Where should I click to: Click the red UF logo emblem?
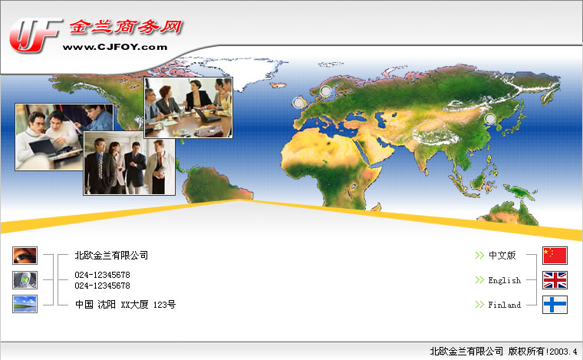pos(35,36)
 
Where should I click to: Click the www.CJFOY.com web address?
pos(115,48)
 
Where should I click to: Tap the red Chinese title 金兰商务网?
pos(126,27)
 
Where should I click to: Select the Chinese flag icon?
pos(555,256)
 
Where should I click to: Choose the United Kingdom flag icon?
pos(555,280)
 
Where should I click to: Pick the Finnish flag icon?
pos(555,305)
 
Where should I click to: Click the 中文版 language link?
pos(502,255)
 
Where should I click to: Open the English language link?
pos(505,280)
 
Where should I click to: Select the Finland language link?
pos(505,305)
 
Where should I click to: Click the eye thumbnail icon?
pos(25,256)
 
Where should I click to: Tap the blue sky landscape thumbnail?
pos(25,304)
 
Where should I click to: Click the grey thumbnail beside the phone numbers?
pos(25,280)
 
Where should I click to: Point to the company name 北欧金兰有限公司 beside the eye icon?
pos(111,255)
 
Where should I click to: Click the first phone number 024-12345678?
pos(102,275)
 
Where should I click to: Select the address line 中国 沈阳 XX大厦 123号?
pos(125,305)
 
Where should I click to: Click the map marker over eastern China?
pos(490,119)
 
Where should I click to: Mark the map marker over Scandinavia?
pos(325,91)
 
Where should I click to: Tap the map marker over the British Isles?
pos(298,103)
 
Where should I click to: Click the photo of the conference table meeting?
pos(189,108)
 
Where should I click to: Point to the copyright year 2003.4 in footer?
pos(563,352)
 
